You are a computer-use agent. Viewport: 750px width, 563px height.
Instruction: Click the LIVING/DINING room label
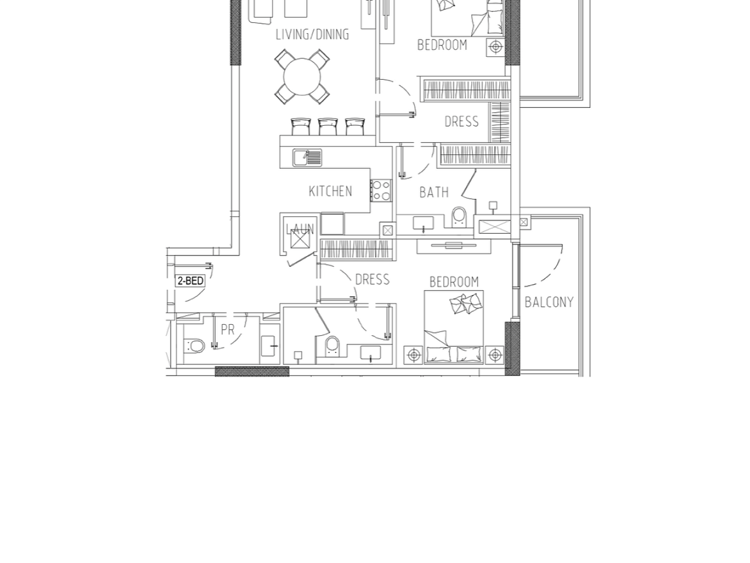pos(312,34)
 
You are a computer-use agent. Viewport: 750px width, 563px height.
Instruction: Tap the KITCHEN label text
pos(330,191)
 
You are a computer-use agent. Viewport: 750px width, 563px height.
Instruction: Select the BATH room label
pos(434,192)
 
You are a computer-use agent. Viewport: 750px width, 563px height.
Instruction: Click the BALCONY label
pos(549,302)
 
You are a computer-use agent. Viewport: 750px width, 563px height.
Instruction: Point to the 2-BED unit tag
pos(190,281)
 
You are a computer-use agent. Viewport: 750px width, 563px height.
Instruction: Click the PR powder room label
pos(228,330)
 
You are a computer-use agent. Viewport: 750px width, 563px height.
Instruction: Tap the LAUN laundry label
pos(300,228)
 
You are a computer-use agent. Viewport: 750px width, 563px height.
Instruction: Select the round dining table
pos(302,76)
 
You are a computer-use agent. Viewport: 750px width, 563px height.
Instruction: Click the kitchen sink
pos(307,158)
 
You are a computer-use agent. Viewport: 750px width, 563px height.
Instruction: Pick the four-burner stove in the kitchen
pos(381,191)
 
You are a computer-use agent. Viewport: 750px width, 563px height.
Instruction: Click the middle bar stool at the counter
pos(327,126)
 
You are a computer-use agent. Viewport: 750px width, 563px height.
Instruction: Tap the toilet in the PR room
pos(194,346)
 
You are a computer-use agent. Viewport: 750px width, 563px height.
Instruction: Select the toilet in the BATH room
pos(459,218)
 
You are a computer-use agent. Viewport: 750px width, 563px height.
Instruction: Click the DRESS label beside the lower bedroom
pos(372,279)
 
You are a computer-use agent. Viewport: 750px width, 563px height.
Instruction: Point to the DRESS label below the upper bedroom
pos(461,122)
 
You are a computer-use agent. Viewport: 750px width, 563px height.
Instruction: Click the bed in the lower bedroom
pos(454,327)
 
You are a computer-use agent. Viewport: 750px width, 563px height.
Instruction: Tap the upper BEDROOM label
pos(442,45)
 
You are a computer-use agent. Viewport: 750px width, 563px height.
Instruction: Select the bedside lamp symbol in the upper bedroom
pos(495,47)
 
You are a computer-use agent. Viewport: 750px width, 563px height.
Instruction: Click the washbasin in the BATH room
pos(423,223)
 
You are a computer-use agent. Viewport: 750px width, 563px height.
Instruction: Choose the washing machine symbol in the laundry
pos(300,239)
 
